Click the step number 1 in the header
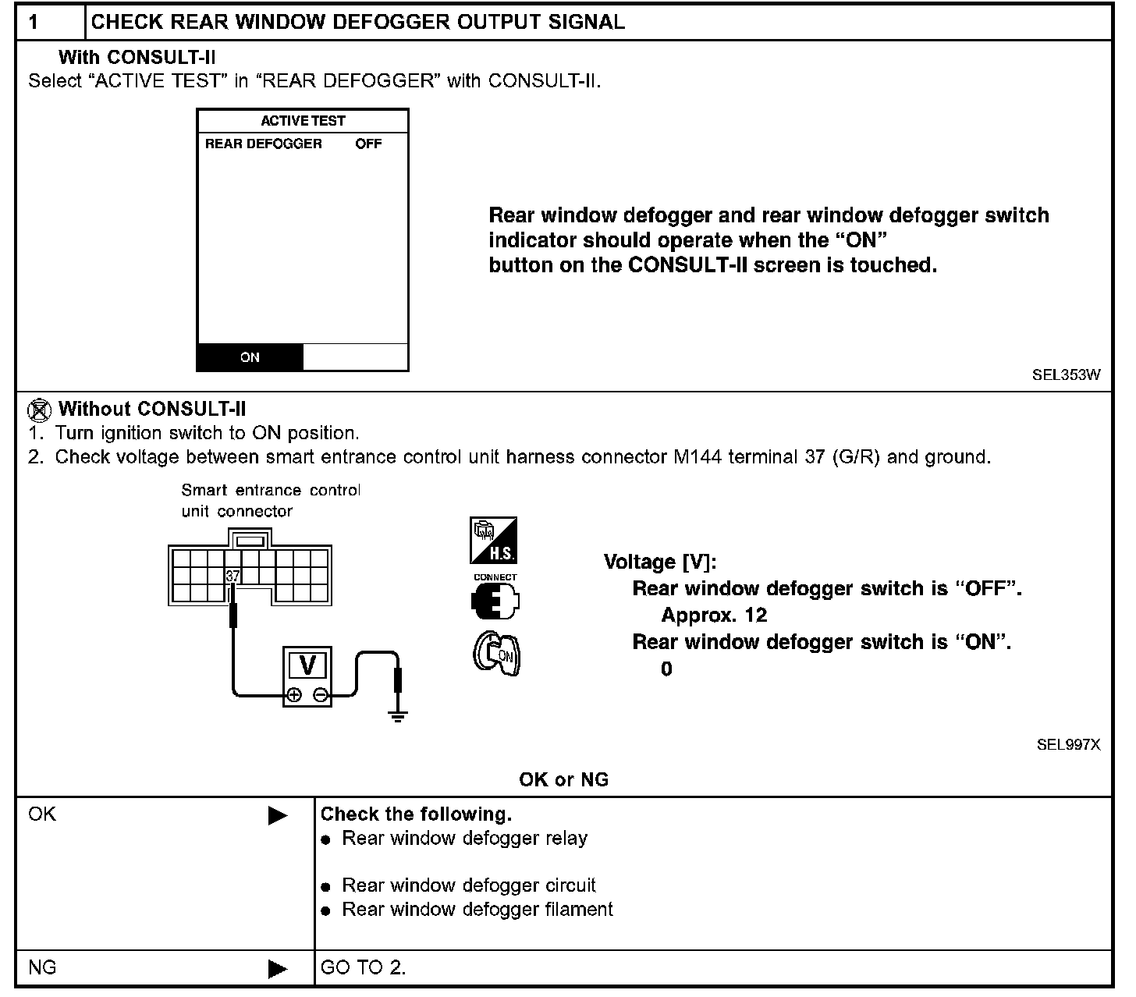click(34, 22)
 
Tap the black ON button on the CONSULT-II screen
click(250, 357)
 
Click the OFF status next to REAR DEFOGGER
click(368, 144)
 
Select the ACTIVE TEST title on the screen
click(303, 121)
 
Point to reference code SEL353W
click(1067, 374)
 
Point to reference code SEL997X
click(1068, 744)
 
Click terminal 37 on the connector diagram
click(233, 577)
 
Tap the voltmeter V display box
click(307, 665)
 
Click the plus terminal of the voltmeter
click(294, 695)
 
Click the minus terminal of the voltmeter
click(320, 695)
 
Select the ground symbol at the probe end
click(398, 715)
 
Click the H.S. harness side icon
click(493, 540)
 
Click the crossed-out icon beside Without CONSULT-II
click(38, 410)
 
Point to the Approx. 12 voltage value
click(714, 616)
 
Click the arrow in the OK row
click(277, 816)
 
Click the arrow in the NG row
click(277, 969)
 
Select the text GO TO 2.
click(363, 968)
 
